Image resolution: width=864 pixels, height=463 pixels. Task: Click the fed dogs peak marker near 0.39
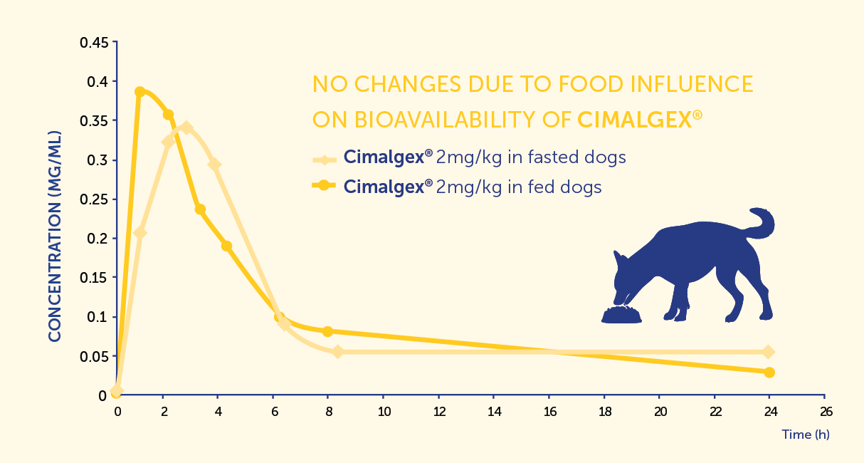coord(140,92)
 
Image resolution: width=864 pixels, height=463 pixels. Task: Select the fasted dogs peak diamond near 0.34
coord(186,128)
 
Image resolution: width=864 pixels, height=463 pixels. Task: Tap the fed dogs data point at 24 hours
coord(769,373)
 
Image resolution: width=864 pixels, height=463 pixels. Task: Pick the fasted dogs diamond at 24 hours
coord(769,352)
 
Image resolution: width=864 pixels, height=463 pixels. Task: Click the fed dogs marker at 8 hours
coord(328,331)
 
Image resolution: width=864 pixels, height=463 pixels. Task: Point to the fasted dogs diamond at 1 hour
coord(140,233)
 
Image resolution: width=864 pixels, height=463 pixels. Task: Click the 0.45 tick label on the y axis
coord(94,43)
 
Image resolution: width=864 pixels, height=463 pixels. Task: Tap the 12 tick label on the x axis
coord(439,412)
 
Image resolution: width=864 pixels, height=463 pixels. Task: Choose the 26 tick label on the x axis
coord(825,412)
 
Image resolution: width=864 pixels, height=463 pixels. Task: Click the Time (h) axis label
coord(806,434)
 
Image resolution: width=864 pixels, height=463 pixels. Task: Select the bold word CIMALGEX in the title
coord(633,120)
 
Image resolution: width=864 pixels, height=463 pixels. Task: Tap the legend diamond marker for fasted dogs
coord(324,157)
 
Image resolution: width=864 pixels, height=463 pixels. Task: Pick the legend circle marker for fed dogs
coord(324,186)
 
